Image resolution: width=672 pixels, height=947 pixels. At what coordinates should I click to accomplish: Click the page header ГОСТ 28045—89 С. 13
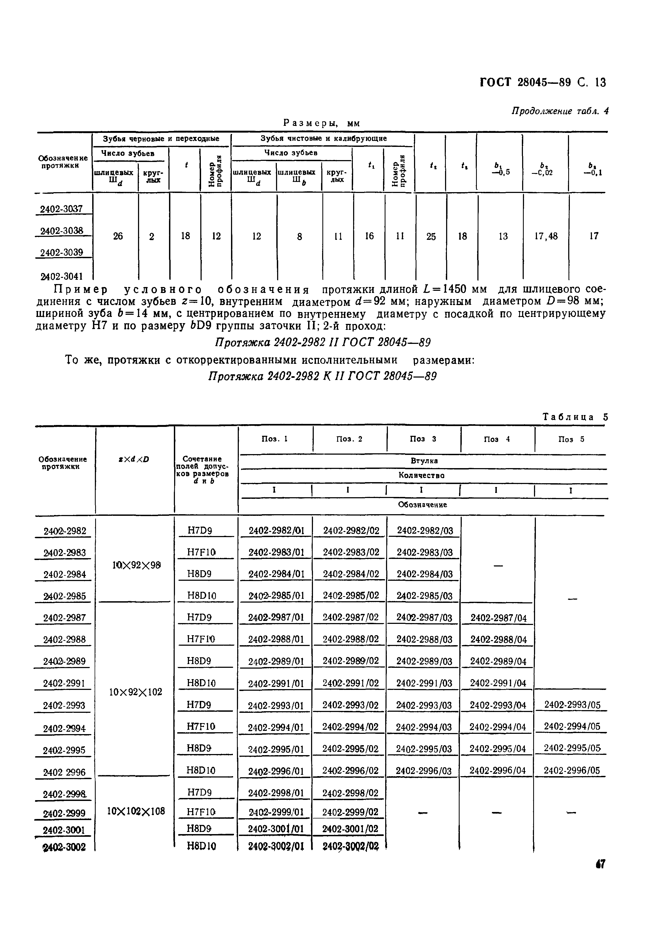tap(543, 83)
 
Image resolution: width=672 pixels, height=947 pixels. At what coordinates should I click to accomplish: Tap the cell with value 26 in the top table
tap(118, 236)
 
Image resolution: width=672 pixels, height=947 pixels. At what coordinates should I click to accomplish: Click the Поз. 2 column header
tap(349, 439)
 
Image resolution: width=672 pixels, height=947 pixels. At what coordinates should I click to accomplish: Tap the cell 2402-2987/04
tap(498, 618)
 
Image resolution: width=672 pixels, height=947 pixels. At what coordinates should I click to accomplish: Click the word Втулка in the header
tap(424, 461)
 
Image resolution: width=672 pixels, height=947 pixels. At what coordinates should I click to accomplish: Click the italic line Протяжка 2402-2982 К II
tap(322, 376)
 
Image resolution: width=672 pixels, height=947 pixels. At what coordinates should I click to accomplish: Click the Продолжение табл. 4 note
tap(560, 111)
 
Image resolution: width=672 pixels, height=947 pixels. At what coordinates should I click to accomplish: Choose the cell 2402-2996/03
tap(424, 771)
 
